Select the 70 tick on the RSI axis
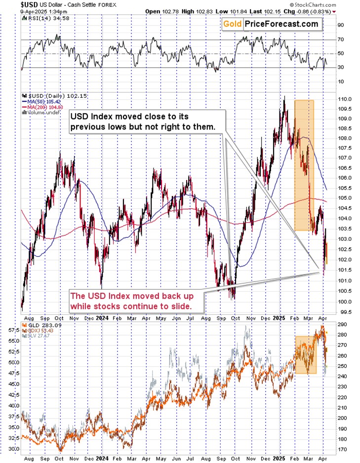pyautogui.click(x=341, y=39)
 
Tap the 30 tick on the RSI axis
pyautogui.click(x=341, y=67)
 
